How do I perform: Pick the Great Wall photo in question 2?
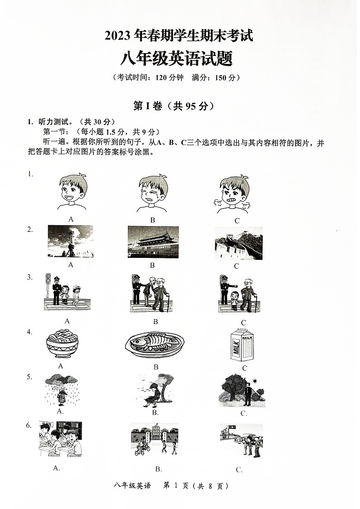tap(238, 243)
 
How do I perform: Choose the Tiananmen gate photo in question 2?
tap(153, 242)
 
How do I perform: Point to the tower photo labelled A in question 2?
tap(70, 241)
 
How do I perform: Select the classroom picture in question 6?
tap(60, 439)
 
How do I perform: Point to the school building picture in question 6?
tap(154, 439)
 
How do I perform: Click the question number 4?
tap(29, 332)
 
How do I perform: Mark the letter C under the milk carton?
tap(244, 368)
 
